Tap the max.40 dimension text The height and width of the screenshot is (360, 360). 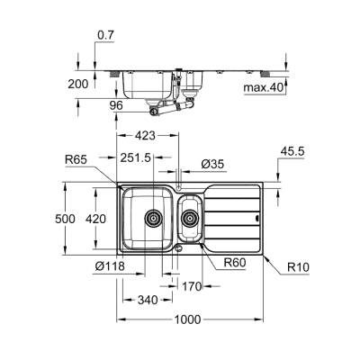tap(264, 88)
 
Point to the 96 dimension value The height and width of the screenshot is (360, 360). tap(115, 104)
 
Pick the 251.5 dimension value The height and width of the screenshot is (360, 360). tap(136, 158)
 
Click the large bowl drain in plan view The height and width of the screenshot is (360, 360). tap(153, 217)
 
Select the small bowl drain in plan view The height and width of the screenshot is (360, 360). tap(191, 218)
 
